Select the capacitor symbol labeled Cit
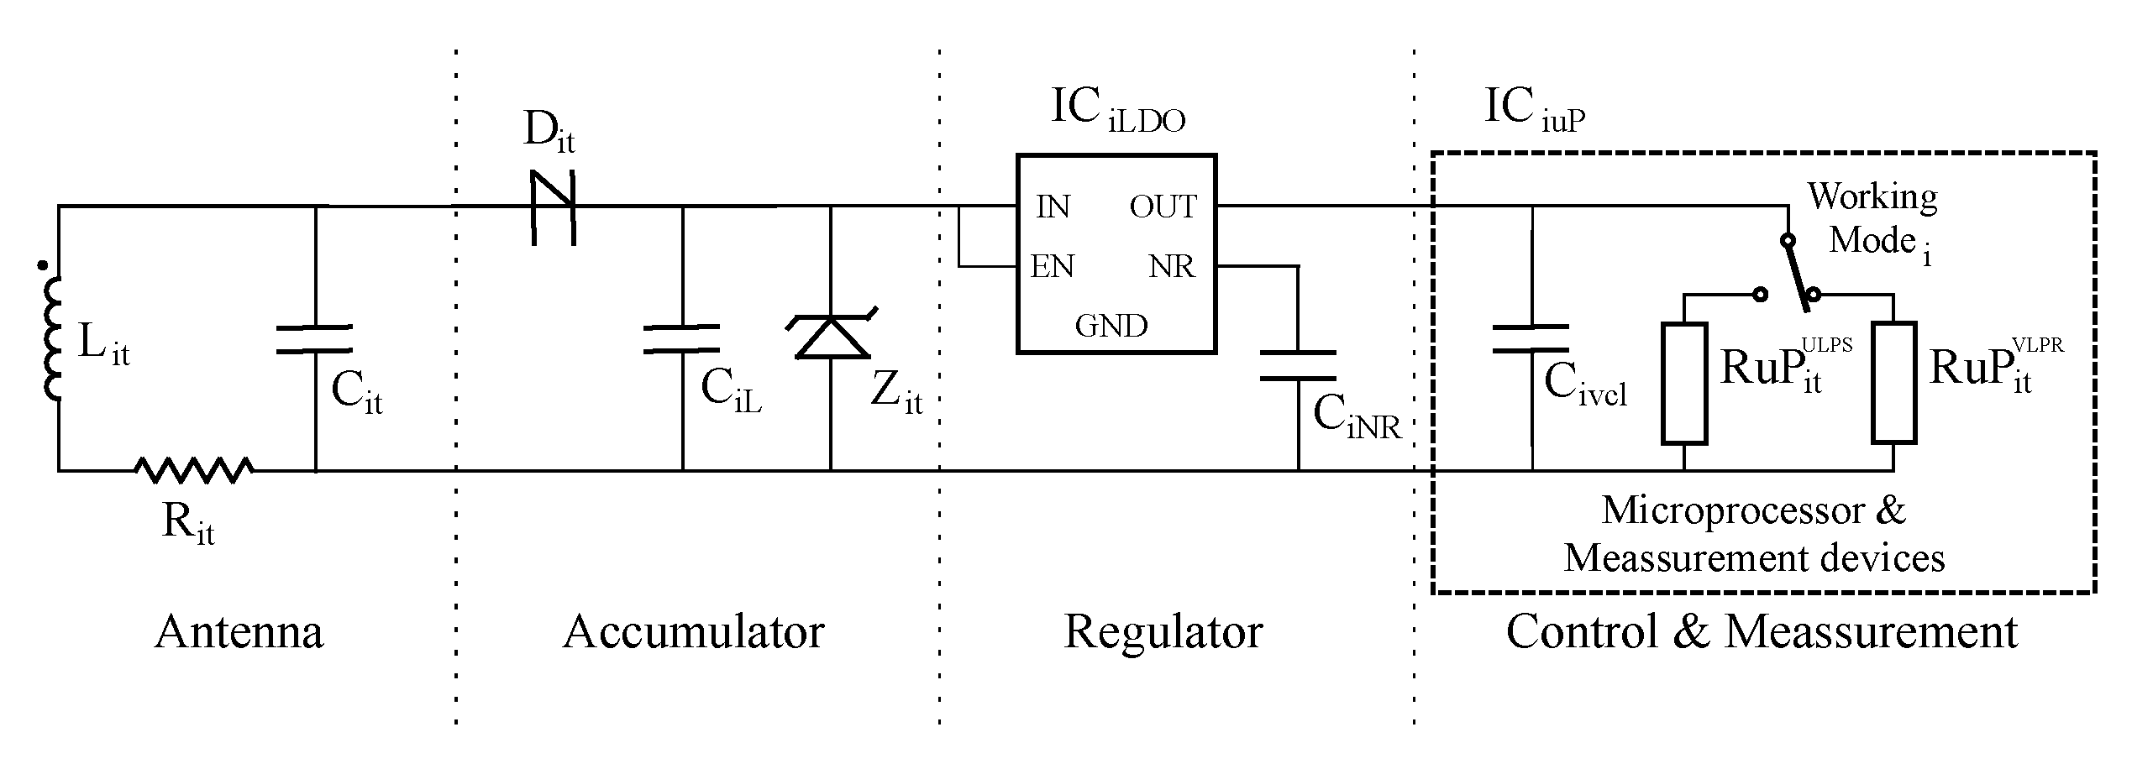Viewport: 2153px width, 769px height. [x=315, y=338]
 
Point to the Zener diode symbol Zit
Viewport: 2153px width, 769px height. [x=831, y=336]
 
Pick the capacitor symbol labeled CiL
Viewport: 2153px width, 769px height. [x=682, y=338]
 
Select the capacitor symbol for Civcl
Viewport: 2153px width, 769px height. [x=1531, y=338]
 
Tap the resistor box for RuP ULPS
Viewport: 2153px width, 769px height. [x=1684, y=383]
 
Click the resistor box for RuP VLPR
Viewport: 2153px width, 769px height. [x=1893, y=383]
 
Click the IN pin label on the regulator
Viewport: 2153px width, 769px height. [x=1053, y=207]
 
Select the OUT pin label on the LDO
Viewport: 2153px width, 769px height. [x=1162, y=207]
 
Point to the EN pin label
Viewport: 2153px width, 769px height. [x=1053, y=267]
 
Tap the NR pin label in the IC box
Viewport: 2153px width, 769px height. [x=1172, y=267]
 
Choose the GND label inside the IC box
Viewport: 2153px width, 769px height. [x=1111, y=326]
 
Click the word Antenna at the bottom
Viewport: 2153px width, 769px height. [x=239, y=631]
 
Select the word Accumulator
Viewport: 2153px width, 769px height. [x=693, y=631]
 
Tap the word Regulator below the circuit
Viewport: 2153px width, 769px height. [x=1163, y=631]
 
